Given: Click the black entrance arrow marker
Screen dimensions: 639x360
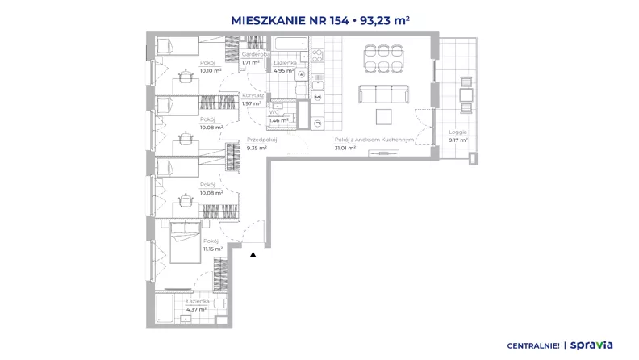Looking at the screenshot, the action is point(253,254).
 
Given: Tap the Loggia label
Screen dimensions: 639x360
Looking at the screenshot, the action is point(457,132).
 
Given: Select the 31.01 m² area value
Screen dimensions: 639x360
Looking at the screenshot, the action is point(345,148).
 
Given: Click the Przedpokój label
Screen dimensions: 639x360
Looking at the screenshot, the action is point(261,140).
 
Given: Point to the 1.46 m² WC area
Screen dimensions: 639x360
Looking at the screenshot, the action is point(278,120).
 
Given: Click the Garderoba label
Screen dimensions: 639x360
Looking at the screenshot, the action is point(256,54).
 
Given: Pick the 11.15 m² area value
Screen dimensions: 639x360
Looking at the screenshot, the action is point(213,249).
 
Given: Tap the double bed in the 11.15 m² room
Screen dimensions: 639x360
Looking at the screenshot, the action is point(186,242).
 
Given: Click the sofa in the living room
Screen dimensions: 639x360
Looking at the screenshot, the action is point(383,94).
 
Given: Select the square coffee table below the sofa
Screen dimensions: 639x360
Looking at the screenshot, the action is point(383,116).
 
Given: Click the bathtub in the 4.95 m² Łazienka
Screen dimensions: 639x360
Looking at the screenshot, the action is point(290,44).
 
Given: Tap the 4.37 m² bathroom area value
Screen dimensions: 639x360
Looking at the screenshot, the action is point(196,309).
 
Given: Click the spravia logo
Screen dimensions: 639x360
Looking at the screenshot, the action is point(591,345).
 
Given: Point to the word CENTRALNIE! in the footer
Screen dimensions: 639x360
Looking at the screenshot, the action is point(533,345).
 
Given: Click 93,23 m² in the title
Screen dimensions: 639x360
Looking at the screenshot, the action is point(385,20).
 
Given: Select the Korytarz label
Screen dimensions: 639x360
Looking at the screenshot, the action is point(253,95).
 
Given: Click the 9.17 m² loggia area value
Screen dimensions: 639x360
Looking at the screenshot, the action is point(458,140).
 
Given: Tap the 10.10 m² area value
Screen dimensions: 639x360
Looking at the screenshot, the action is point(211,70).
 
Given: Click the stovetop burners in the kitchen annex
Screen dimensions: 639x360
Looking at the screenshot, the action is point(318,55).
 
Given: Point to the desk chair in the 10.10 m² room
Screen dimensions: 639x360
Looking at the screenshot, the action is point(186,75).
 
